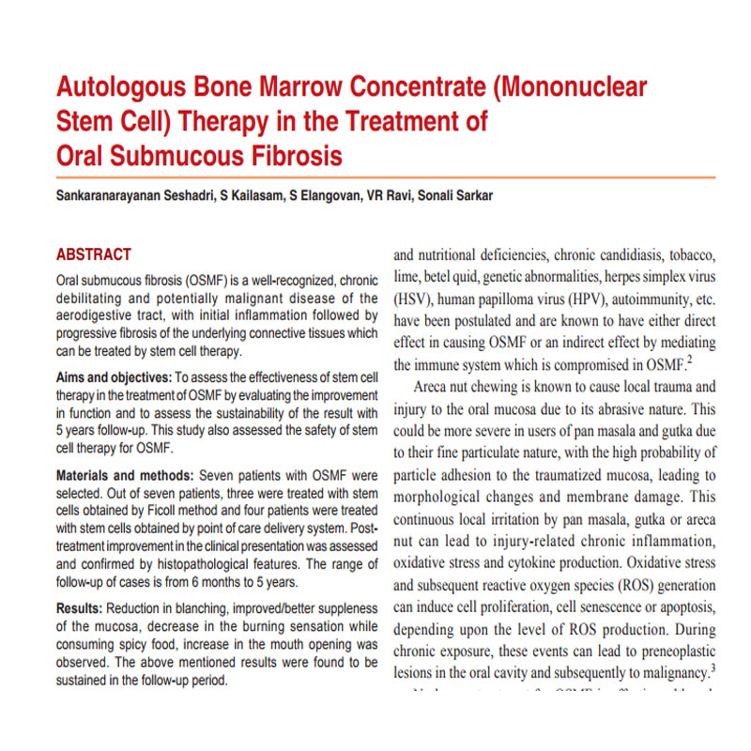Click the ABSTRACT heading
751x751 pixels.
pyautogui.click(x=94, y=254)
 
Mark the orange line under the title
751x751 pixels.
pyautogui.click(x=385, y=176)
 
